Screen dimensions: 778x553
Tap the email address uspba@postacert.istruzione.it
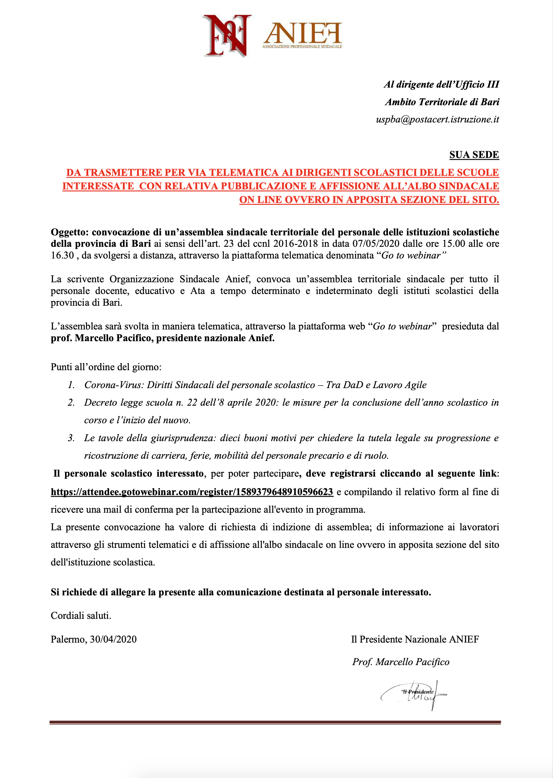click(x=437, y=119)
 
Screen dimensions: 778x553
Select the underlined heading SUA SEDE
click(x=474, y=155)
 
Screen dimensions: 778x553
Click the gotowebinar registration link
click(x=192, y=492)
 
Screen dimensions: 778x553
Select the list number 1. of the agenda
click(x=71, y=385)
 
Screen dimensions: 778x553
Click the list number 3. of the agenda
click(x=71, y=438)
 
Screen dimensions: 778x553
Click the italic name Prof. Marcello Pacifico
click(x=401, y=662)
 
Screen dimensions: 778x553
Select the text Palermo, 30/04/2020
click(x=94, y=639)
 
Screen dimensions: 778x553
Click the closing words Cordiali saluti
click(x=81, y=615)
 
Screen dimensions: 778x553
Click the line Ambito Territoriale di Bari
click(x=442, y=102)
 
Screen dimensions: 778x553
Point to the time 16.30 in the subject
click(x=62, y=255)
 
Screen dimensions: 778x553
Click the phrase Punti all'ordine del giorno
click(x=106, y=367)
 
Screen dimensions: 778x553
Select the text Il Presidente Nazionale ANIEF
click(x=415, y=639)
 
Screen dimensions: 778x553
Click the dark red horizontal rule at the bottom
click(x=275, y=722)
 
